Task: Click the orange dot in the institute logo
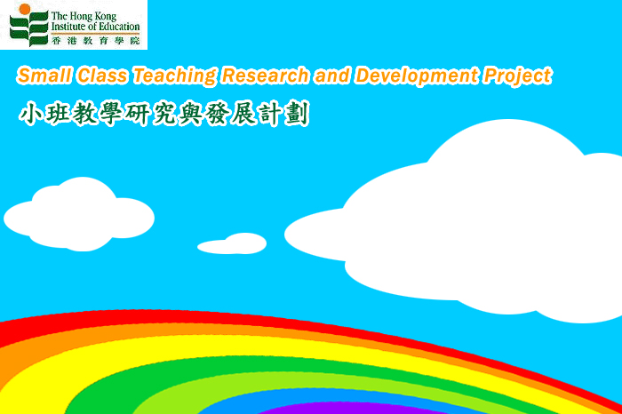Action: click(x=25, y=9)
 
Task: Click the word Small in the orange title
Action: click(x=44, y=76)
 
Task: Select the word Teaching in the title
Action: click(x=174, y=76)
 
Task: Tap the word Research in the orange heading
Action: click(x=265, y=76)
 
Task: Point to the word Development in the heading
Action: click(x=417, y=76)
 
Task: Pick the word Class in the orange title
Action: click(x=102, y=76)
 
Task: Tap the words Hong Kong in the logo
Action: click(x=92, y=16)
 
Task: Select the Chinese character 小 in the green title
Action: click(x=31, y=115)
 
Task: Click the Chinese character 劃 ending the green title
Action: click(x=296, y=115)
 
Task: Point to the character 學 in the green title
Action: click(x=111, y=115)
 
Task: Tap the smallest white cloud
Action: click(x=234, y=244)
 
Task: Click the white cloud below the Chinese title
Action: click(x=79, y=216)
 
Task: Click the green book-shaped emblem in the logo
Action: click(x=29, y=29)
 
